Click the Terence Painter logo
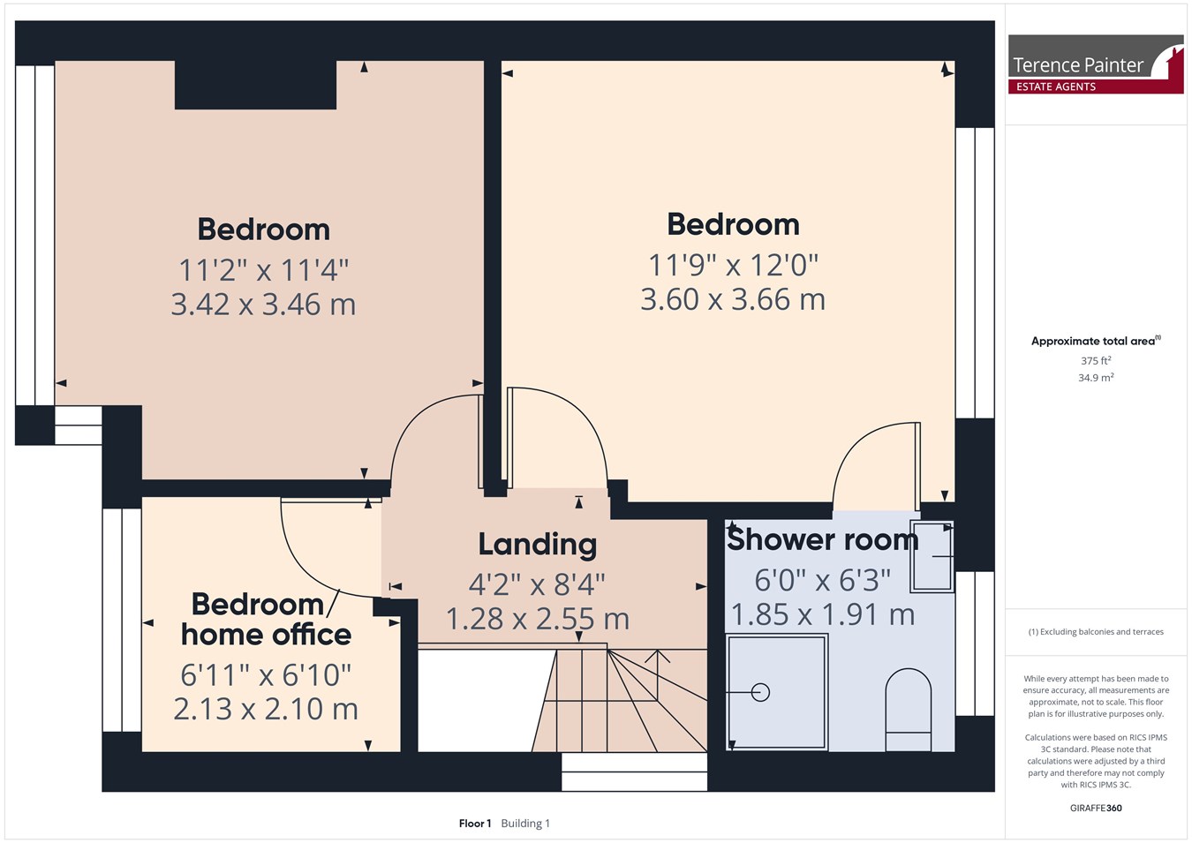point(1096,64)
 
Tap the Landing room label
point(538,546)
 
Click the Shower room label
point(823,539)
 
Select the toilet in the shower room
point(908,710)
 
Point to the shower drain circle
point(760,692)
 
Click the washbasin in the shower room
point(932,556)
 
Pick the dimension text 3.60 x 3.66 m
point(733,299)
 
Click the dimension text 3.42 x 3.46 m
point(263,305)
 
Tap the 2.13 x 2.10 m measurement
point(266,709)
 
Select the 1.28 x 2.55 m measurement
point(538,619)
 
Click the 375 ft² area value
point(1096,361)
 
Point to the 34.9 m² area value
point(1096,378)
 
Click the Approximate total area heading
point(1096,341)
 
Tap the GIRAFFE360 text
point(1096,808)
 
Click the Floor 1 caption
point(475,824)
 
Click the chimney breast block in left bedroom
point(255,85)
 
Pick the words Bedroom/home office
point(266,620)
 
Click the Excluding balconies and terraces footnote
point(1096,632)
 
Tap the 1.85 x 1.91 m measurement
point(823,614)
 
